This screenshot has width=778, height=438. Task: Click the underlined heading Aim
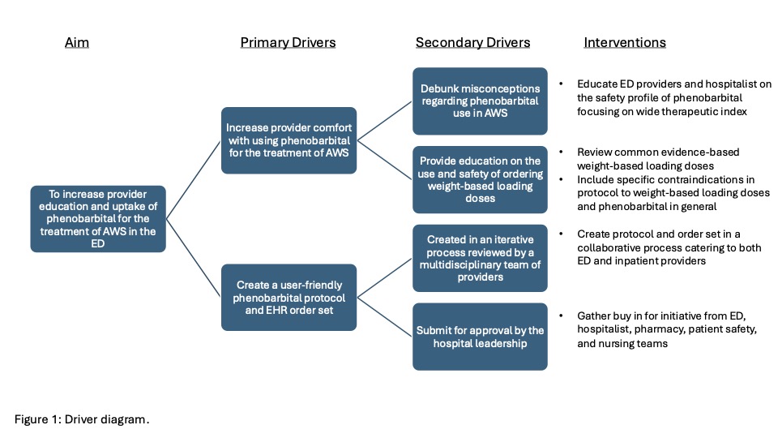[x=76, y=42]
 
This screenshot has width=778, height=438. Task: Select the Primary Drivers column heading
[x=288, y=42]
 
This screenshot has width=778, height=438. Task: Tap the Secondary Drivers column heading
[x=473, y=42]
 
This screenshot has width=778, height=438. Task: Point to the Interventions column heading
[x=625, y=42]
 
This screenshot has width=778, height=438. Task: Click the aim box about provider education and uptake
[x=98, y=219]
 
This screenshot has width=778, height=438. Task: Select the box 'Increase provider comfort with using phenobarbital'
[x=290, y=140]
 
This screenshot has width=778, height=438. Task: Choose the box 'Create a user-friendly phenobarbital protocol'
[x=290, y=297]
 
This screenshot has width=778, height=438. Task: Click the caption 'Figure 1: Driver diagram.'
[x=83, y=419]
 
